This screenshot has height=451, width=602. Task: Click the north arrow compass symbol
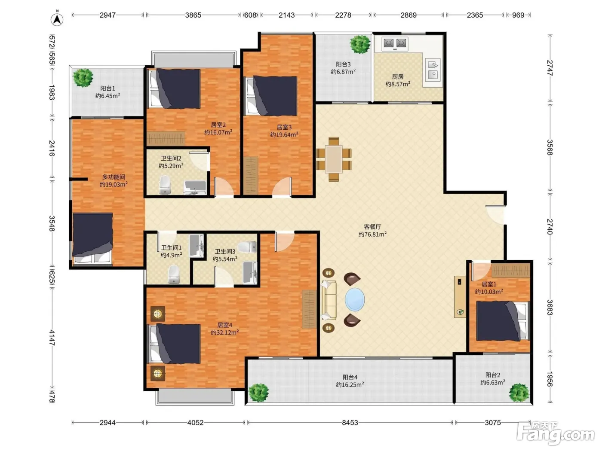[57, 19]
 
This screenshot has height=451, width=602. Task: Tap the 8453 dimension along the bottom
[350, 423]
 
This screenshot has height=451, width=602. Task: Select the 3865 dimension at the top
[193, 15]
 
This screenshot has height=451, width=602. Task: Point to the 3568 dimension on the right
[550, 147]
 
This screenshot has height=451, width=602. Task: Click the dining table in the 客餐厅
[334, 159]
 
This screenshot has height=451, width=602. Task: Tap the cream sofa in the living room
[329, 300]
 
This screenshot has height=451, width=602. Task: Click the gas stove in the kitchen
[395, 43]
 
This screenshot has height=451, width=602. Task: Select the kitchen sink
[433, 70]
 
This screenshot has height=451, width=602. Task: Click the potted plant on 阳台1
[83, 78]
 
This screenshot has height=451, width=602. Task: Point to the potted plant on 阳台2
[519, 393]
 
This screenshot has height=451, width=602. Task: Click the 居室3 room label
[284, 127]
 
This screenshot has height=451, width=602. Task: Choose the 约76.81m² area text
[372, 234]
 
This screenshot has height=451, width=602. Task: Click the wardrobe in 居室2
[166, 139]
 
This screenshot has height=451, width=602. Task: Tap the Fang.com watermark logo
[556, 434]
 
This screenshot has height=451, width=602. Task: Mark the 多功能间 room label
[114, 177]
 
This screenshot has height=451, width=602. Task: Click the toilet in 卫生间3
[247, 247]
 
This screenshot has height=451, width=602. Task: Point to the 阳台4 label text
[350, 377]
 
